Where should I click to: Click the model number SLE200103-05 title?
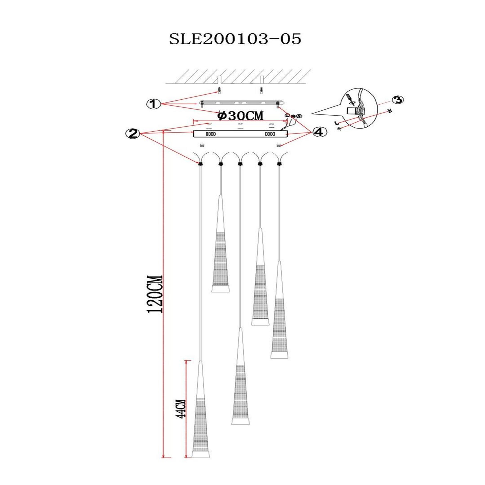coord(235,39)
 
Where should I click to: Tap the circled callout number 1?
coord(154,104)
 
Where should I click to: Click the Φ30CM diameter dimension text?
coord(241,116)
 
